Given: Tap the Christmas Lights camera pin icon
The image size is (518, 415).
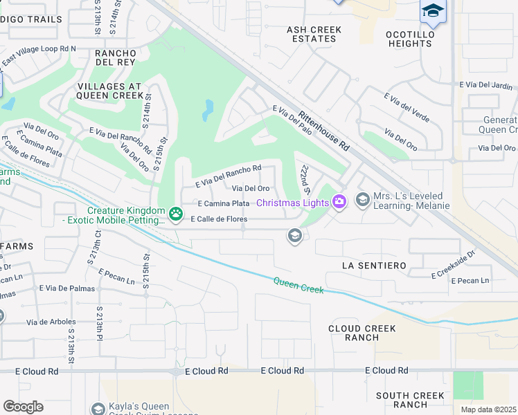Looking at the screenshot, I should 339,202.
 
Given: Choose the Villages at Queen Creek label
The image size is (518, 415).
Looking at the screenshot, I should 106,91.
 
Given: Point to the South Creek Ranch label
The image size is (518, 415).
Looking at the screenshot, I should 411,400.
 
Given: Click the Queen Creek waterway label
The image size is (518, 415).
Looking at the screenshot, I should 298,285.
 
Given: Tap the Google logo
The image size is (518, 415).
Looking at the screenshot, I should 23,406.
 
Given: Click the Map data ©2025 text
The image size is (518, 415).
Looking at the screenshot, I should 489,409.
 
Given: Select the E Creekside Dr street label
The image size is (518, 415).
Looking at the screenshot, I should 454,264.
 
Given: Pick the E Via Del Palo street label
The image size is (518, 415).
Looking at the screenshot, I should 292,118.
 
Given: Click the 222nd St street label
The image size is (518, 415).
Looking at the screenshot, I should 303,179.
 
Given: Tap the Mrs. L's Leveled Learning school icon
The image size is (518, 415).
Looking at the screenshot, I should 362,200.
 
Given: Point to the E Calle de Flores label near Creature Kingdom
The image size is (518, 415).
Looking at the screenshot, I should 213,219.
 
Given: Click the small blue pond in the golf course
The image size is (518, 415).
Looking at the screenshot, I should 208,109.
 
